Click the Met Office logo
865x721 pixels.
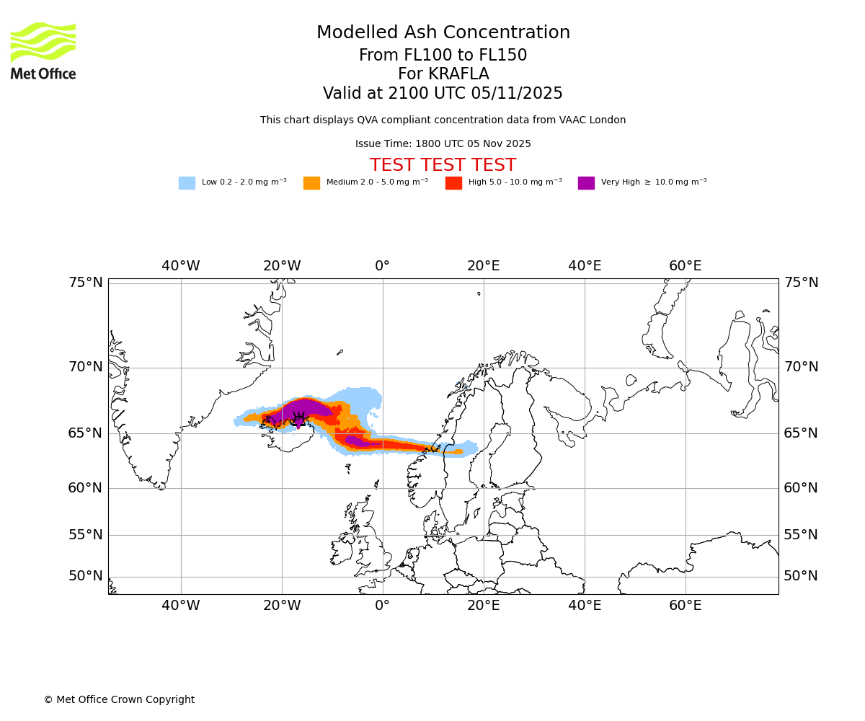[x=43, y=50]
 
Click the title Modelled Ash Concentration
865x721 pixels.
[x=443, y=32]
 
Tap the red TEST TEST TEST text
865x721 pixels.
[x=443, y=165]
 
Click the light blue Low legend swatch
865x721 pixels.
[x=187, y=182]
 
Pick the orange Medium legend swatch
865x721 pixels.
[x=311, y=182]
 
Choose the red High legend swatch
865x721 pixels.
[x=453, y=182]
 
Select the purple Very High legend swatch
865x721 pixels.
[x=586, y=182]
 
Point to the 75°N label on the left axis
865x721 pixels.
[x=86, y=282]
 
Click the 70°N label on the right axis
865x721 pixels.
[x=801, y=366]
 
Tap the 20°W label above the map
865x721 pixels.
[x=282, y=265]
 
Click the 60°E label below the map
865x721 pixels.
[x=685, y=606]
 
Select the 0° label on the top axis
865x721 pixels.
[x=382, y=265]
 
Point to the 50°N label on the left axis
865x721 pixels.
[x=86, y=575]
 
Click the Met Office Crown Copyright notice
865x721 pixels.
[x=119, y=699]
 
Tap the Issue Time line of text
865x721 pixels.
[x=443, y=143]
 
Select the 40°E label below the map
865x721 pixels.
[x=584, y=606]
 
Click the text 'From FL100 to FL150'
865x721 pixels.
[x=443, y=56]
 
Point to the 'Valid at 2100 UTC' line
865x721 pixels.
[x=443, y=93]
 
